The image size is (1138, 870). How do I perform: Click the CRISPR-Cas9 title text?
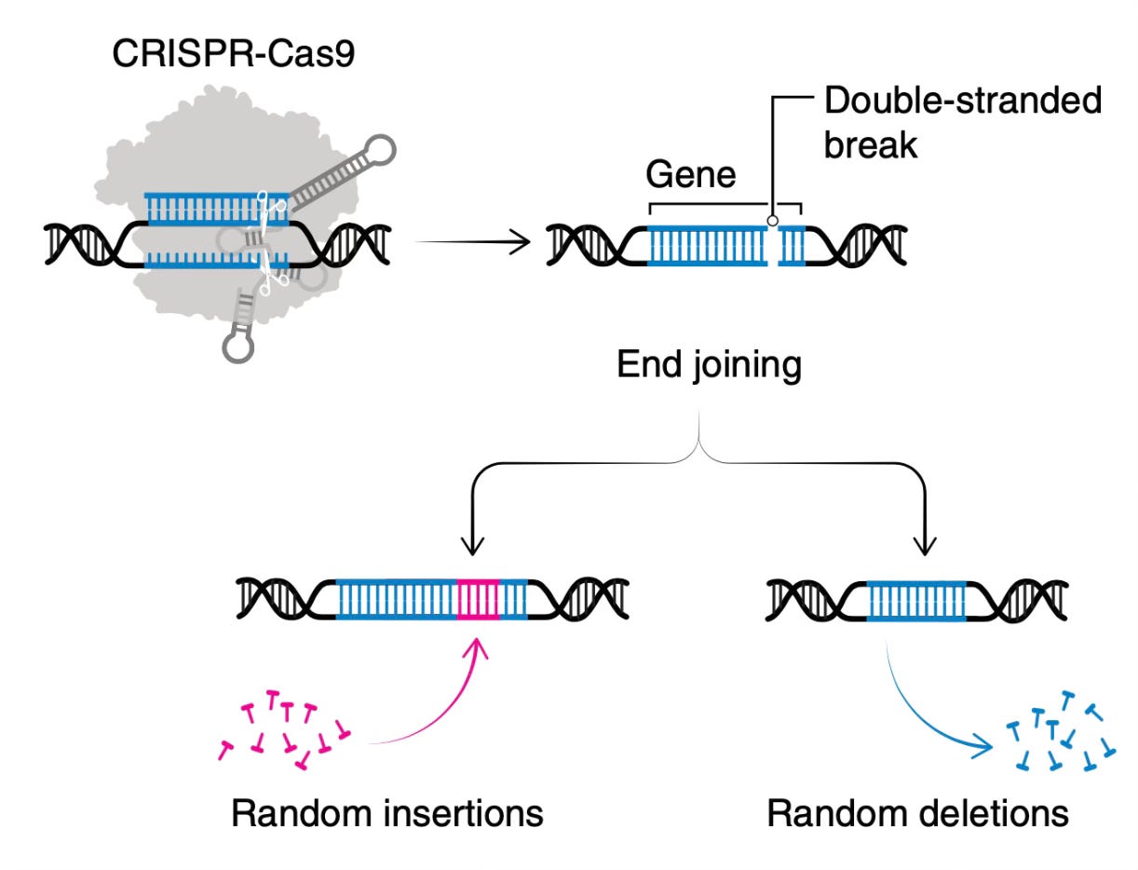234,53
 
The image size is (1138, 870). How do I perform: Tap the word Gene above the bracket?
691,174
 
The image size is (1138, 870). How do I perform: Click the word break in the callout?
871,144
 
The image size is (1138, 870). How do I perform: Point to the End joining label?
710,365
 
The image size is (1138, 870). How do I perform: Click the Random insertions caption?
387,813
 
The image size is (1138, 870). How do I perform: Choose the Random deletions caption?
917,813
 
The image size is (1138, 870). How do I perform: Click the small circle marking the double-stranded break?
773,221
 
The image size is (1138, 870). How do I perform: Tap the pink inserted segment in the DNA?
478,600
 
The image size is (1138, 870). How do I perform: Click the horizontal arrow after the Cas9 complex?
473,241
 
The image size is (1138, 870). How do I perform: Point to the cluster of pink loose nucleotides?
284,729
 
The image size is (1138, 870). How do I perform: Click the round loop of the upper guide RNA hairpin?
380,150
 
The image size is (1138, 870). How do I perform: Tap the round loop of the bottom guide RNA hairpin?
238,347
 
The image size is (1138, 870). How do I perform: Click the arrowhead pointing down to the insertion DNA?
472,547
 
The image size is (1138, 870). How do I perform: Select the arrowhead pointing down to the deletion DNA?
925,547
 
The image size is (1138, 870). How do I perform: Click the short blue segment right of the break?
792,246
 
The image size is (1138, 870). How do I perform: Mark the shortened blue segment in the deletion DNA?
916,601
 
